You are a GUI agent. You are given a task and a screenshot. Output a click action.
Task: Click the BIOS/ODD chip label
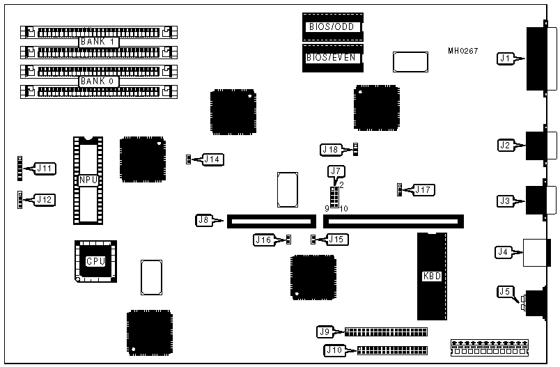point(332,27)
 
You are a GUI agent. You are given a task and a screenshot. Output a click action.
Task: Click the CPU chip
point(95,261)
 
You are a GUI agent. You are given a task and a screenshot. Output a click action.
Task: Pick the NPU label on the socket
point(88,180)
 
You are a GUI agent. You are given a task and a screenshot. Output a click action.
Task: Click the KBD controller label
point(432,276)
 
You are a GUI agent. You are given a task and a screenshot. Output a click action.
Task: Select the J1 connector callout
point(506,58)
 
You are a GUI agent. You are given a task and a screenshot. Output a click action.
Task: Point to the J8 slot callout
point(205,221)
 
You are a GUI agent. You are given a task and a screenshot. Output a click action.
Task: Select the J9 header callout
point(325,331)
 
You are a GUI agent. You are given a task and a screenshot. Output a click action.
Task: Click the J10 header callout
point(334,350)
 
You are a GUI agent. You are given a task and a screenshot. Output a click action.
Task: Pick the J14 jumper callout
point(212,159)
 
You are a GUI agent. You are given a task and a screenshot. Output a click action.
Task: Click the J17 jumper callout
point(423,189)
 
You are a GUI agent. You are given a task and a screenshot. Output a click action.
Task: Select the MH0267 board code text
point(463,51)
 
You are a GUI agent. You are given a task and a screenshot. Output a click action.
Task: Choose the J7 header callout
point(336,171)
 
